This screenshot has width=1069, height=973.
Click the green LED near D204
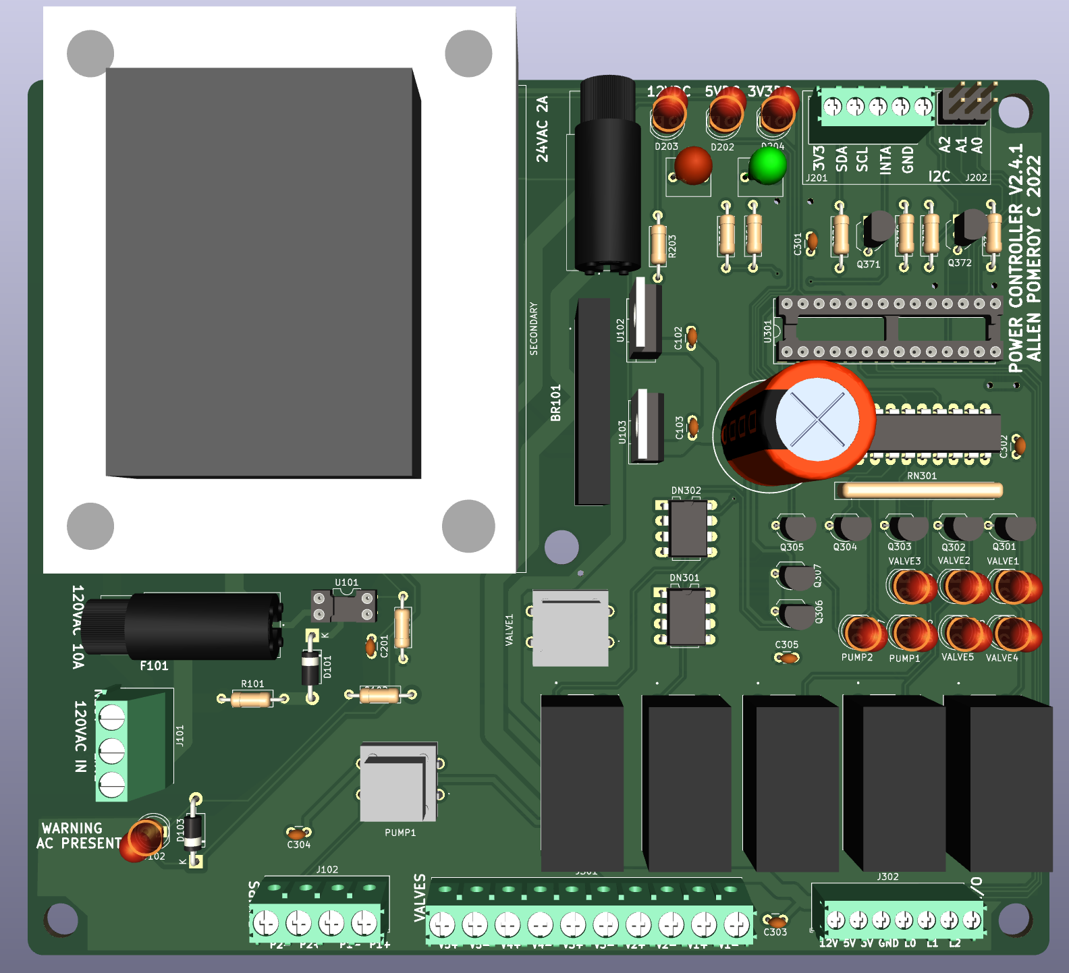point(767,165)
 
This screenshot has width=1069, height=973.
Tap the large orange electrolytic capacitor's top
point(817,420)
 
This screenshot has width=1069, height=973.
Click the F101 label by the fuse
point(154,666)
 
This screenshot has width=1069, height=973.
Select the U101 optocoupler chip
point(344,605)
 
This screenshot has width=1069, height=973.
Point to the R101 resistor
point(252,699)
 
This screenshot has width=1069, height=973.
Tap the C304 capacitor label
point(298,845)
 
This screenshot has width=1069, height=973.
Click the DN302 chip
point(688,528)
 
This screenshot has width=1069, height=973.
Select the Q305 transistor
point(795,528)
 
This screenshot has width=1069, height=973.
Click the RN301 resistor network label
point(921,476)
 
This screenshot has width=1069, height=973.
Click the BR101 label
point(555,403)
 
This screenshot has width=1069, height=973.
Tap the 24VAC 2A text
point(542,129)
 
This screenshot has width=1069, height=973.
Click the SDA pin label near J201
point(841,159)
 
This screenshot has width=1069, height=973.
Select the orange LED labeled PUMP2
point(861,633)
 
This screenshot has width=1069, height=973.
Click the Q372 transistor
point(968,227)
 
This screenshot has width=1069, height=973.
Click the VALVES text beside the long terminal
point(420,897)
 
